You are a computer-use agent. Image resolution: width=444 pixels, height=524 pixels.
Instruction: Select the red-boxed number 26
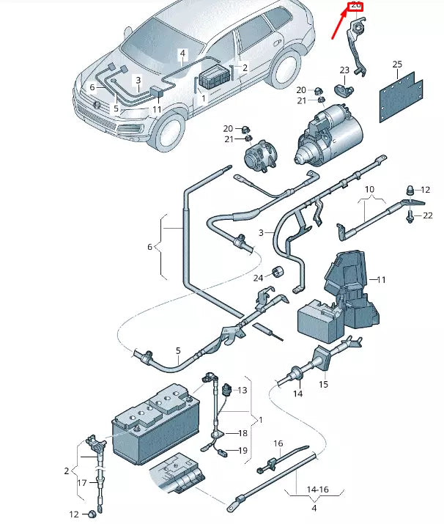click(356, 5)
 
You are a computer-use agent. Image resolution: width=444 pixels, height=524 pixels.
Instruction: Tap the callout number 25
click(397, 64)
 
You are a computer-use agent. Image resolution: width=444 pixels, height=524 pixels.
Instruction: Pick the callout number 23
click(344, 70)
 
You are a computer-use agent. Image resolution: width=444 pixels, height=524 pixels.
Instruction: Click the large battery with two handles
click(155, 429)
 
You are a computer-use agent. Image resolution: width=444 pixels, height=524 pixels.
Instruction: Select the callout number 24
click(258, 278)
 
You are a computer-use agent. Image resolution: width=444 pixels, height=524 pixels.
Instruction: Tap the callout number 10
click(371, 189)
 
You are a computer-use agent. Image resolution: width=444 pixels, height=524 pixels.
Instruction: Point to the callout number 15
click(323, 383)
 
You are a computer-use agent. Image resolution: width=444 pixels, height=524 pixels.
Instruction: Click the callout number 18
click(243, 434)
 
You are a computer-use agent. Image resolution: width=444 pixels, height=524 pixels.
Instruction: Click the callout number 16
click(278, 443)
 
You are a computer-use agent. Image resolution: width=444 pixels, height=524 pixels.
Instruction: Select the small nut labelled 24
click(278, 274)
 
